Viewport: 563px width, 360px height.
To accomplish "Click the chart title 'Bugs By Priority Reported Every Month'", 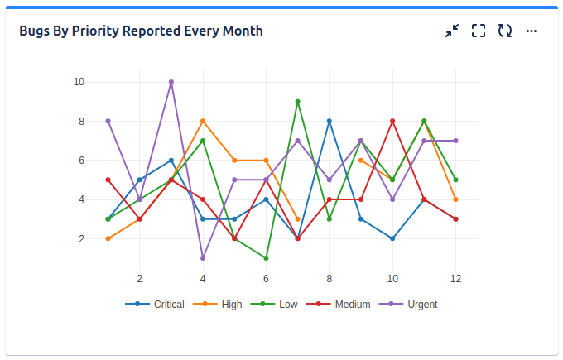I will click(141, 31).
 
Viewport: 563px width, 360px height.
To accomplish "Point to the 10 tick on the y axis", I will click(79, 82).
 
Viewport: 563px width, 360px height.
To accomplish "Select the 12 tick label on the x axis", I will click(455, 278).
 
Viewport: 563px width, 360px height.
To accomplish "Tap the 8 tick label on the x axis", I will click(330, 278).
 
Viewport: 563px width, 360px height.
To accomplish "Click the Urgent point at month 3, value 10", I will click(171, 82).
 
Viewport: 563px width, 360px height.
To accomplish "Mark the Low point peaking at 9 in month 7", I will click(297, 102).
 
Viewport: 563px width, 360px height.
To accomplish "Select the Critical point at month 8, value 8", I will click(330, 122).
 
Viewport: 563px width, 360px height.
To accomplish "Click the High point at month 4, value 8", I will click(203, 122).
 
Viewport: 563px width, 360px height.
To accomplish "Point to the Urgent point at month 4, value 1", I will click(203, 258).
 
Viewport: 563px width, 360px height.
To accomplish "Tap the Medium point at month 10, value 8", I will click(392, 122).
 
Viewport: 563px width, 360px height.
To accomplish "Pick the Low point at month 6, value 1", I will click(266, 258).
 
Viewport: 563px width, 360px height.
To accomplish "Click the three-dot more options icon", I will click(532, 31).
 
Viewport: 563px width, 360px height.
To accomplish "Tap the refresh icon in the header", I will click(505, 31).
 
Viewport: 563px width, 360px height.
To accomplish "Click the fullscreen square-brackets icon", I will click(479, 31).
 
